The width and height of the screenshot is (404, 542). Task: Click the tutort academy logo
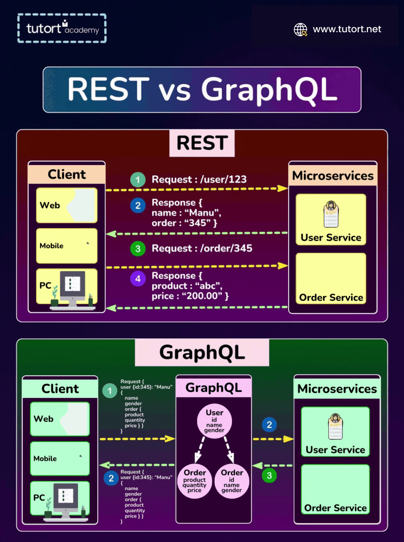tap(62, 28)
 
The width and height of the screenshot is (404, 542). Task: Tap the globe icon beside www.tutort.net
tap(300, 30)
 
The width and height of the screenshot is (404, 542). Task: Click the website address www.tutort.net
tap(347, 29)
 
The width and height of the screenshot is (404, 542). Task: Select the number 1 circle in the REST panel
tap(138, 180)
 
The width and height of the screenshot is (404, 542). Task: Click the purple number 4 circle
tap(138, 278)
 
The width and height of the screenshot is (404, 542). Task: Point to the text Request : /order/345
tap(202, 248)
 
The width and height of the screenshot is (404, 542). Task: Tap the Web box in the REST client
tap(67, 205)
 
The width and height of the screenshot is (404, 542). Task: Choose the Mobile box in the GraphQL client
tap(60, 458)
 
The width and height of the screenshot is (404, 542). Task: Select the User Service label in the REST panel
tap(331, 237)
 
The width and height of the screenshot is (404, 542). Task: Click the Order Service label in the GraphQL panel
tap(335, 508)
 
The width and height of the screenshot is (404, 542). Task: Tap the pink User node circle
tap(214, 421)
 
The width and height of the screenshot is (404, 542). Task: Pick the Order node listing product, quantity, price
tap(195, 481)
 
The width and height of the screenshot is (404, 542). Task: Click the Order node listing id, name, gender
tap(232, 481)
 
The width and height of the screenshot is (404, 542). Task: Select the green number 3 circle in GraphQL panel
tap(269, 475)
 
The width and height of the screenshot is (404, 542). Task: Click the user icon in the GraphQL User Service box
tap(335, 426)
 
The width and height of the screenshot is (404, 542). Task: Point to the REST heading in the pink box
tap(202, 143)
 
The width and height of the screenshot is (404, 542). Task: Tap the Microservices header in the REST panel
tap(333, 175)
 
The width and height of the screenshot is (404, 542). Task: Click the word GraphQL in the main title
tap(269, 90)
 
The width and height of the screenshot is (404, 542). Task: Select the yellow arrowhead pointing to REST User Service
tap(283, 188)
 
